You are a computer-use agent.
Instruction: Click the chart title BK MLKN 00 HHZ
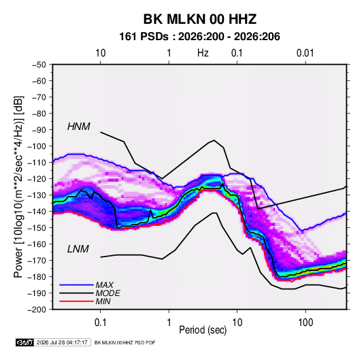(200, 19)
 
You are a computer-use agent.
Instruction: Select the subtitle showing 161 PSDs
(199, 37)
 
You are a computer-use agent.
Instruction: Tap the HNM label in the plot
(79, 127)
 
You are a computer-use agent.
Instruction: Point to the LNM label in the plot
(78, 249)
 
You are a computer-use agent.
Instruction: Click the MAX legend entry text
(105, 284)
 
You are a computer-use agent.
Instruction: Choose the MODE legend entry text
(108, 293)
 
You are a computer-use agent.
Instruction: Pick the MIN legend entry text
(103, 301)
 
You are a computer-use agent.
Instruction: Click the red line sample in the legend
(76, 301)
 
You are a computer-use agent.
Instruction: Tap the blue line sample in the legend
(76, 284)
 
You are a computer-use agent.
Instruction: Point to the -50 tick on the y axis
(39, 65)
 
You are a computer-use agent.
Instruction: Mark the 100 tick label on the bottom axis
(305, 323)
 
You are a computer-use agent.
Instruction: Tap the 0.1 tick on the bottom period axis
(100, 323)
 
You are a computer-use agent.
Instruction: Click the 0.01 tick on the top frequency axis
(305, 53)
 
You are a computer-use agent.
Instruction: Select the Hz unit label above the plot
(203, 53)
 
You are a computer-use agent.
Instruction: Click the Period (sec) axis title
(203, 330)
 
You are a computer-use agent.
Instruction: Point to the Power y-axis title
(18, 187)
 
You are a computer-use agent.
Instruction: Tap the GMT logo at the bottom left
(25, 342)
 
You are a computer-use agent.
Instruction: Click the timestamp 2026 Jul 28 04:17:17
(62, 342)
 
